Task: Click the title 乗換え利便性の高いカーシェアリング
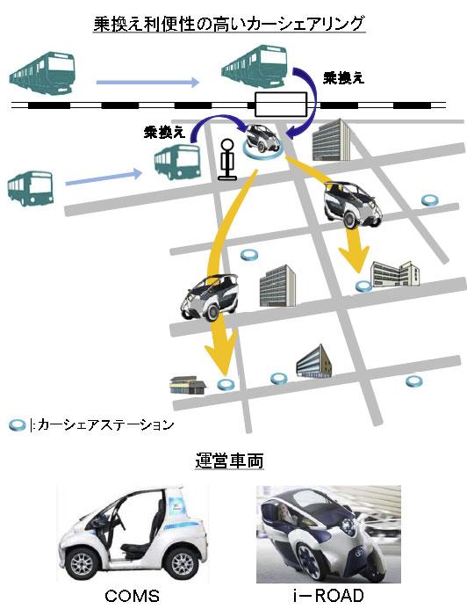[229, 23]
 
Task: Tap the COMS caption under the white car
[133, 596]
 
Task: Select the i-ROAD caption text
[328, 596]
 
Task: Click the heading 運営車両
[229, 460]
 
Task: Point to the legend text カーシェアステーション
[105, 424]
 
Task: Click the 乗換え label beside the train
[343, 78]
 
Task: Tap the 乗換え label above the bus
[164, 133]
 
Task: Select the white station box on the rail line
[281, 104]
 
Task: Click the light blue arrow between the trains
[147, 82]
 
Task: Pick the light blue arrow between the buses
[104, 178]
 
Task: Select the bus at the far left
[30, 188]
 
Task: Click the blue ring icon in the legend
[17, 425]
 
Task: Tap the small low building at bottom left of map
[188, 385]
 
